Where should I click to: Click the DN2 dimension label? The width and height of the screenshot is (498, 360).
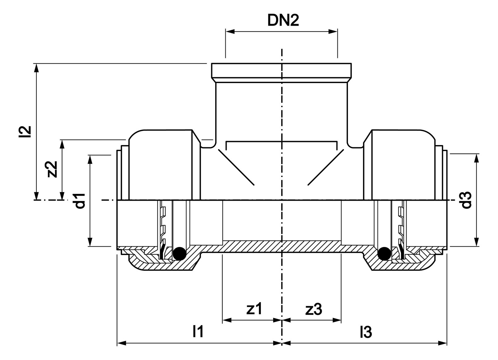(283, 21)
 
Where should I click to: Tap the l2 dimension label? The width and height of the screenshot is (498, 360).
(25, 132)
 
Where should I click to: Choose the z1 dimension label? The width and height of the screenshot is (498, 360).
(254, 309)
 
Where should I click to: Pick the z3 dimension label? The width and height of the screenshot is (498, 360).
(314, 309)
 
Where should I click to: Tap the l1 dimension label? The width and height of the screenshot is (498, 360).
(198, 332)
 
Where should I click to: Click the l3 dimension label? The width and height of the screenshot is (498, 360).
(366, 332)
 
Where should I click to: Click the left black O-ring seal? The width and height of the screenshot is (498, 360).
(180, 253)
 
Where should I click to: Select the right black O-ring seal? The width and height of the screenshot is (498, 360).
(384, 253)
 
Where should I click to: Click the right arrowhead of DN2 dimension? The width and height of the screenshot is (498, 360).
(333, 31)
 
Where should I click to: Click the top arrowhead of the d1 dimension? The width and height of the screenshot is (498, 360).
(90, 159)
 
